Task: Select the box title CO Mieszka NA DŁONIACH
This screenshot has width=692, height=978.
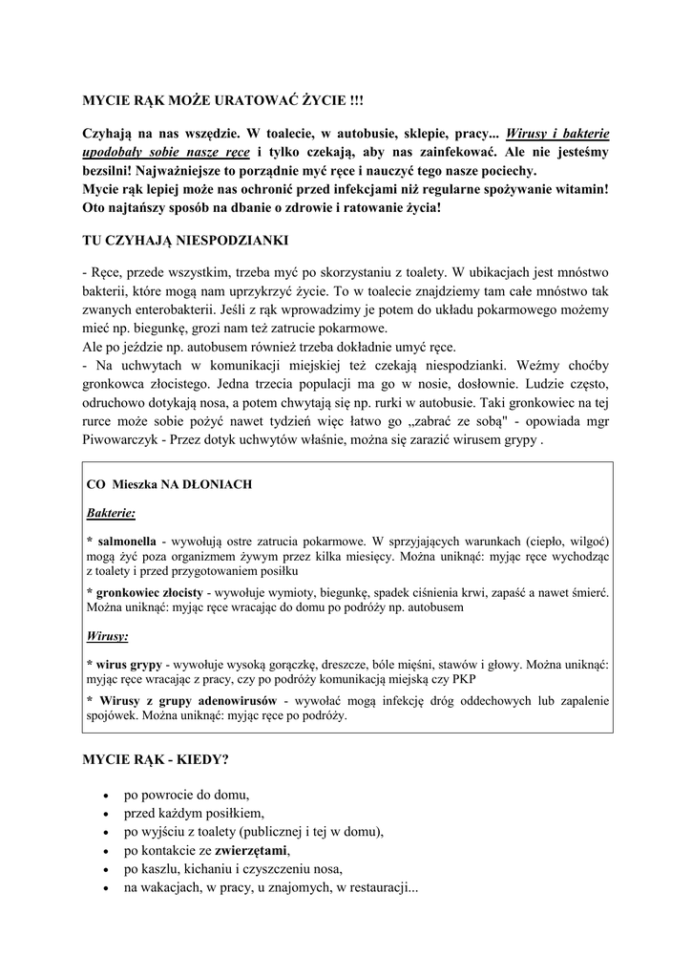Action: pyautogui.click(x=169, y=484)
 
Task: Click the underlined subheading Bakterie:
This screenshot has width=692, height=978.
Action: pyautogui.click(x=111, y=513)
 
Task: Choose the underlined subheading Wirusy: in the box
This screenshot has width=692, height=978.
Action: pyautogui.click(x=107, y=635)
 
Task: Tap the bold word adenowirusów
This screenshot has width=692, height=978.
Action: pyautogui.click(x=243, y=700)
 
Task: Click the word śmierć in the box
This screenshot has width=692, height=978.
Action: pyautogui.click(x=588, y=593)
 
